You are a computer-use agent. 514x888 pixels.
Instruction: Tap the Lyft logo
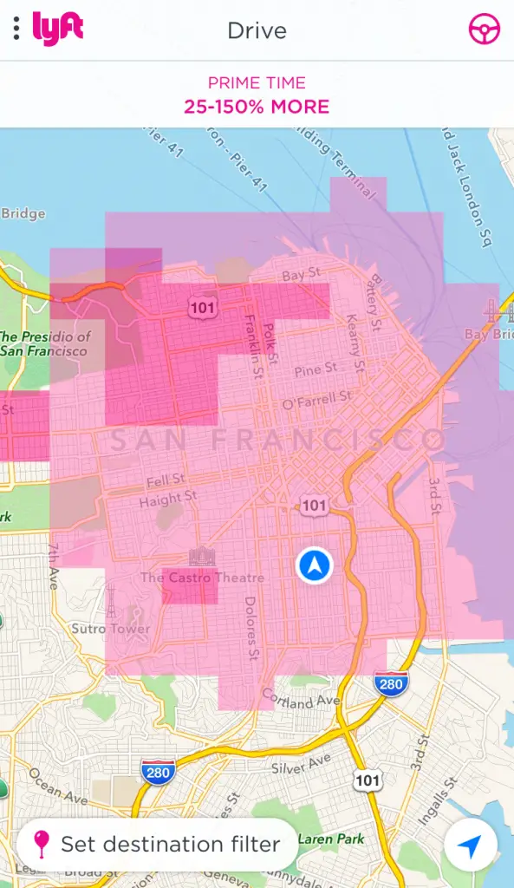point(58,29)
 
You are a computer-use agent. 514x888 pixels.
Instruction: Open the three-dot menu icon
point(16,29)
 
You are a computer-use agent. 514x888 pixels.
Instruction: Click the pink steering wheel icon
point(484,29)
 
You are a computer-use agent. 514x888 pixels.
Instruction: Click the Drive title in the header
point(257,30)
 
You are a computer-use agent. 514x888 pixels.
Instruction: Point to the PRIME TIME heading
point(257,83)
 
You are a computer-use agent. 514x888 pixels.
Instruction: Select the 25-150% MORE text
point(257,108)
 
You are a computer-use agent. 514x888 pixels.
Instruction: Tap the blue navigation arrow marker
point(314,565)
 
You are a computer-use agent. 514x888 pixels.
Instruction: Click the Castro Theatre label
point(203,577)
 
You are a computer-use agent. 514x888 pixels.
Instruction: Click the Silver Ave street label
point(302,763)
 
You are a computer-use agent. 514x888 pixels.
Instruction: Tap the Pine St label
point(316,371)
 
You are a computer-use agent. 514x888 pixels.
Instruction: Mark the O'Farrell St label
point(317,401)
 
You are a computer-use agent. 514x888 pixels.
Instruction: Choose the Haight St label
point(167,499)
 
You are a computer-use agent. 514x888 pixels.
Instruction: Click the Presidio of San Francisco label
point(45,343)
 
